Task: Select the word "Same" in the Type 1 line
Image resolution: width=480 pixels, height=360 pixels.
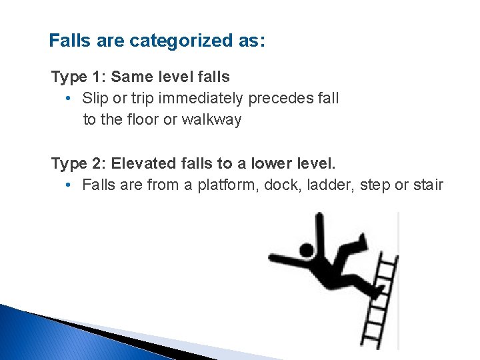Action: coord(130,77)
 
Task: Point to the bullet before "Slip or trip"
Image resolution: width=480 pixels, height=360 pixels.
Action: coord(69,99)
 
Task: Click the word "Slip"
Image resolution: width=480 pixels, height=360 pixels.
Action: coord(94,99)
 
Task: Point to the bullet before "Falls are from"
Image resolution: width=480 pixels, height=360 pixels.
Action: coord(69,185)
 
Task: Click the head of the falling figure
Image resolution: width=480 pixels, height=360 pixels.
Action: coord(306,251)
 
